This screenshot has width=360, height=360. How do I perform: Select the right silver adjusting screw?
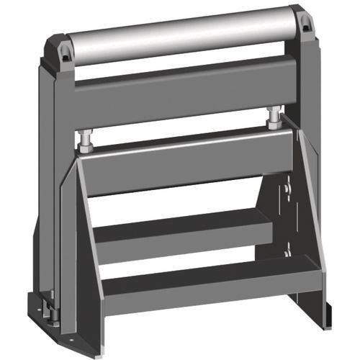point(274,117)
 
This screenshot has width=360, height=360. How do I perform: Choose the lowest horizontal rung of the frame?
point(202,277)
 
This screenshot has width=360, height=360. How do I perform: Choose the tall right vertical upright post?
point(311,94)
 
